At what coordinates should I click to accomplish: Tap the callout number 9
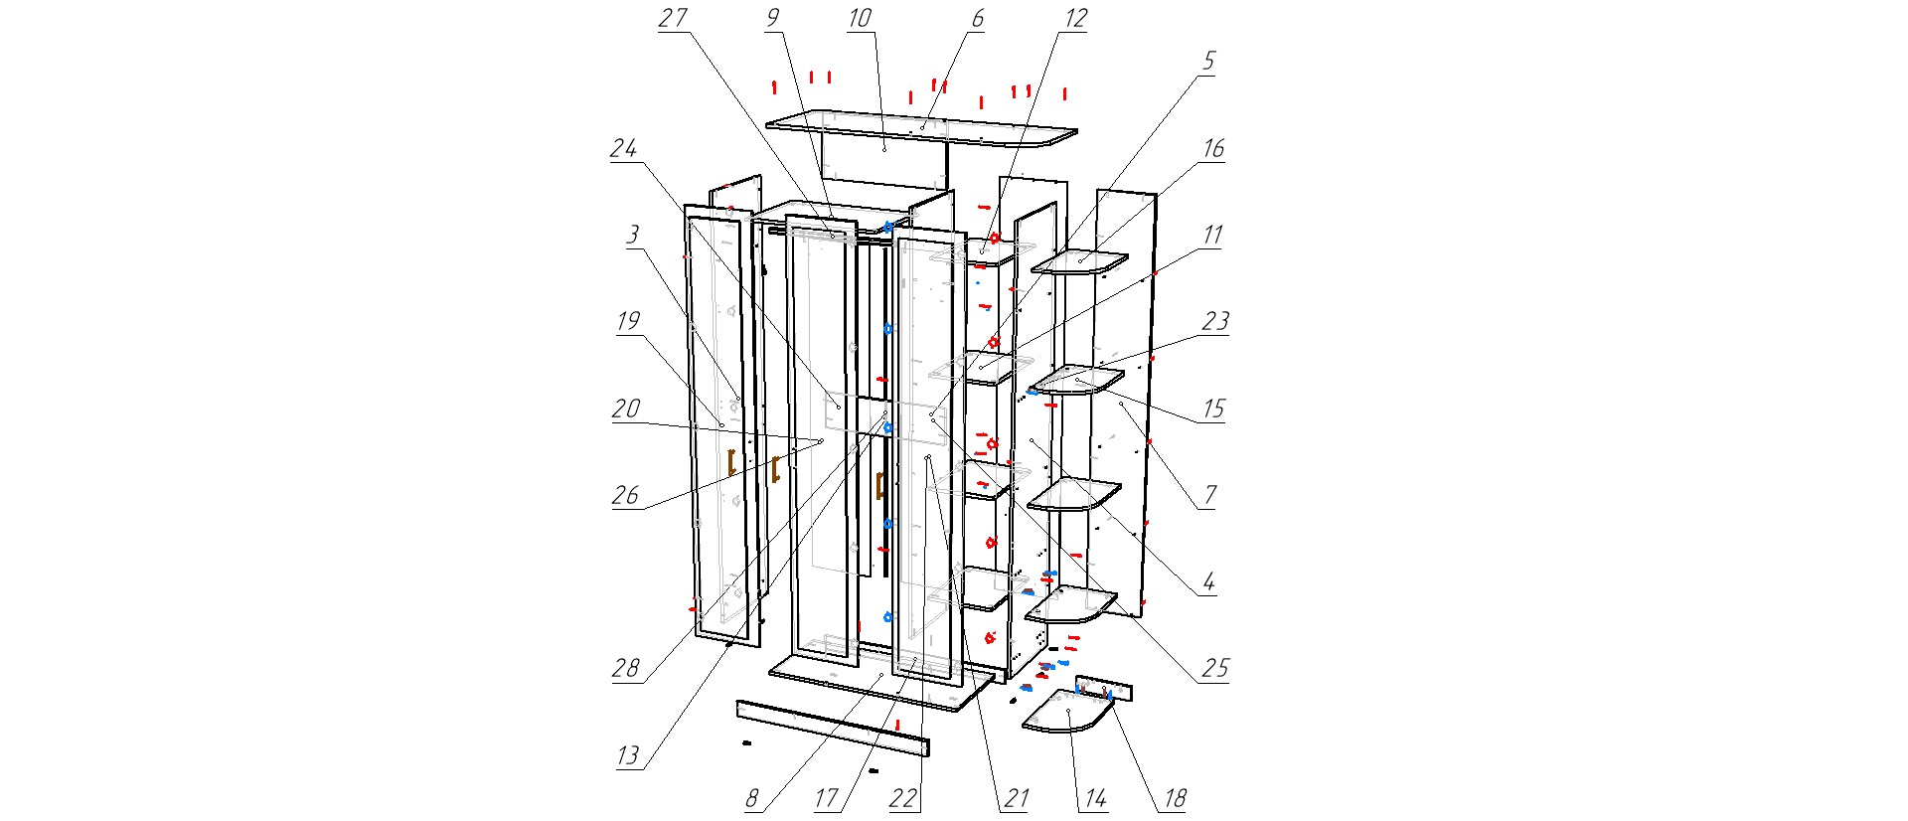[x=773, y=18]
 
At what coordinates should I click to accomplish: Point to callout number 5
[x=1208, y=62]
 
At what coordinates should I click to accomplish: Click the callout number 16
[x=1213, y=149]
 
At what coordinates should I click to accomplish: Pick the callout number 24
[x=623, y=149]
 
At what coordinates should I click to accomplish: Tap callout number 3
[x=632, y=236]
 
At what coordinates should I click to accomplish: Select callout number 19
[x=628, y=322]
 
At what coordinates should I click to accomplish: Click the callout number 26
[x=625, y=495]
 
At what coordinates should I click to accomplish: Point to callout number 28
[x=625, y=668]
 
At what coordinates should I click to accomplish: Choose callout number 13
[x=628, y=755]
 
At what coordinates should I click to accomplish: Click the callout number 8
[x=752, y=798]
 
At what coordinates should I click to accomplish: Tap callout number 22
[x=903, y=798]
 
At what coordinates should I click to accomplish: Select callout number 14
[x=1095, y=798]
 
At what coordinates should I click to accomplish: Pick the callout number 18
[x=1175, y=798]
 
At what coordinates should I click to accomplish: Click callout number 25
[x=1215, y=668]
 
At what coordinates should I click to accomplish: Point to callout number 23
[x=1215, y=322]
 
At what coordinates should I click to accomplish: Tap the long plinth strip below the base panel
[x=833, y=727]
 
